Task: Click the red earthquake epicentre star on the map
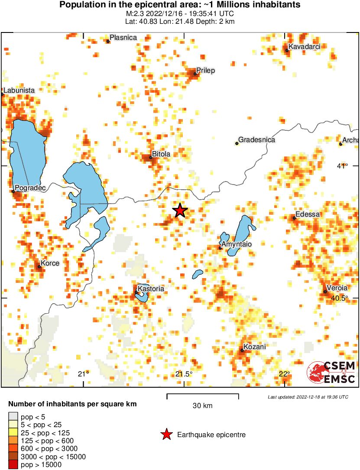pyautogui.click(x=180, y=211)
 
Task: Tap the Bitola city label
pyautogui.click(x=161, y=154)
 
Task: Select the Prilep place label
pyautogui.click(x=206, y=70)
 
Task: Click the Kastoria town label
pyautogui.click(x=151, y=288)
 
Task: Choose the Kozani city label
pyautogui.click(x=255, y=347)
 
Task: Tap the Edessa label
pyautogui.click(x=308, y=214)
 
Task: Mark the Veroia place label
pyautogui.click(x=337, y=288)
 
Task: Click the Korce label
pyautogui.click(x=49, y=263)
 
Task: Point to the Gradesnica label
pyautogui.click(x=256, y=140)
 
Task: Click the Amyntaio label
pyautogui.click(x=237, y=245)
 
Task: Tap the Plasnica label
pyautogui.click(x=123, y=38)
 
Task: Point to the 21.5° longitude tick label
pyautogui.click(x=184, y=374)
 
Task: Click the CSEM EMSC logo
pyautogui.click(x=331, y=372)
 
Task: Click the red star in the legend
pyautogui.click(x=166, y=434)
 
